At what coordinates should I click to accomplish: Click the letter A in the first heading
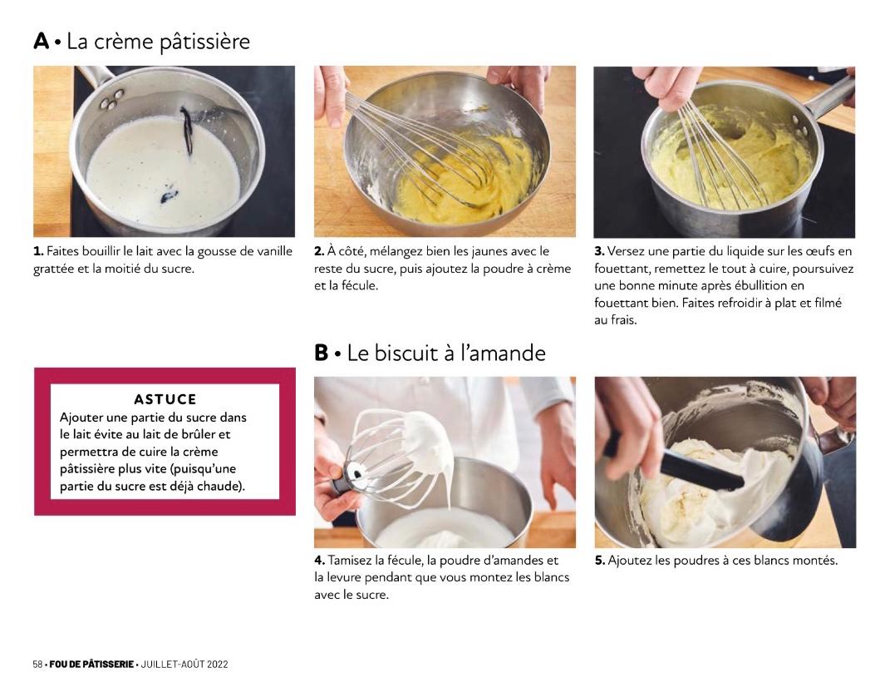pyautogui.click(x=41, y=41)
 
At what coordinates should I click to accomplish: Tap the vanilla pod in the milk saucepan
pyautogui.click(x=186, y=130)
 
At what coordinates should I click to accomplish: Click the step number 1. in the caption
pyautogui.click(x=38, y=251)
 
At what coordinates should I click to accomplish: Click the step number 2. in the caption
pyautogui.click(x=319, y=251)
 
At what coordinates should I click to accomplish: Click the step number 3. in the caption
pyautogui.click(x=599, y=251)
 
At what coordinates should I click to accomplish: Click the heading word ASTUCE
pyautogui.click(x=165, y=399)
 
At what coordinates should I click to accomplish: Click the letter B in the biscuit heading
pyautogui.click(x=322, y=353)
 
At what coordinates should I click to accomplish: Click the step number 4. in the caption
pyautogui.click(x=320, y=560)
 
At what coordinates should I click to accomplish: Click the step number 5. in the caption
pyautogui.click(x=600, y=560)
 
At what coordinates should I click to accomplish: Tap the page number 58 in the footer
pyautogui.click(x=37, y=665)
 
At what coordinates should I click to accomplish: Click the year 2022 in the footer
pyautogui.click(x=218, y=665)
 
